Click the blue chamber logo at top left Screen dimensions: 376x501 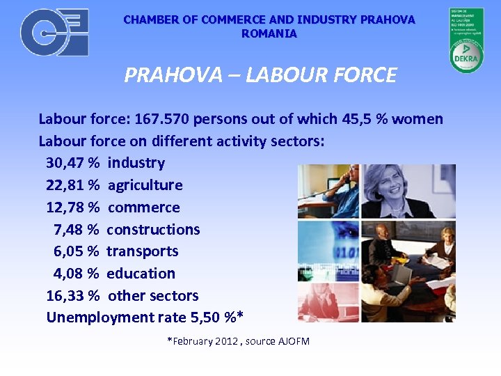[x=54, y=33]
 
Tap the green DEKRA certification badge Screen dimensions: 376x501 [x=466, y=40]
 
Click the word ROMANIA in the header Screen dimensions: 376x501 [x=269, y=33]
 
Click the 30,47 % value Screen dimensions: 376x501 [x=72, y=163]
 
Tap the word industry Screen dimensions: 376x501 [x=136, y=163]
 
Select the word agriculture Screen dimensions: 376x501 [x=145, y=185]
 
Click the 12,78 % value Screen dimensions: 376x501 [x=72, y=207]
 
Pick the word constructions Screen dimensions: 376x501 [x=153, y=230]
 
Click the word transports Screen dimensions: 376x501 [x=142, y=251]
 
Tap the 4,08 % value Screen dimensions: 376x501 [x=76, y=274]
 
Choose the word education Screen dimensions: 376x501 [x=141, y=274]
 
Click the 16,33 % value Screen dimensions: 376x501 [x=72, y=296]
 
